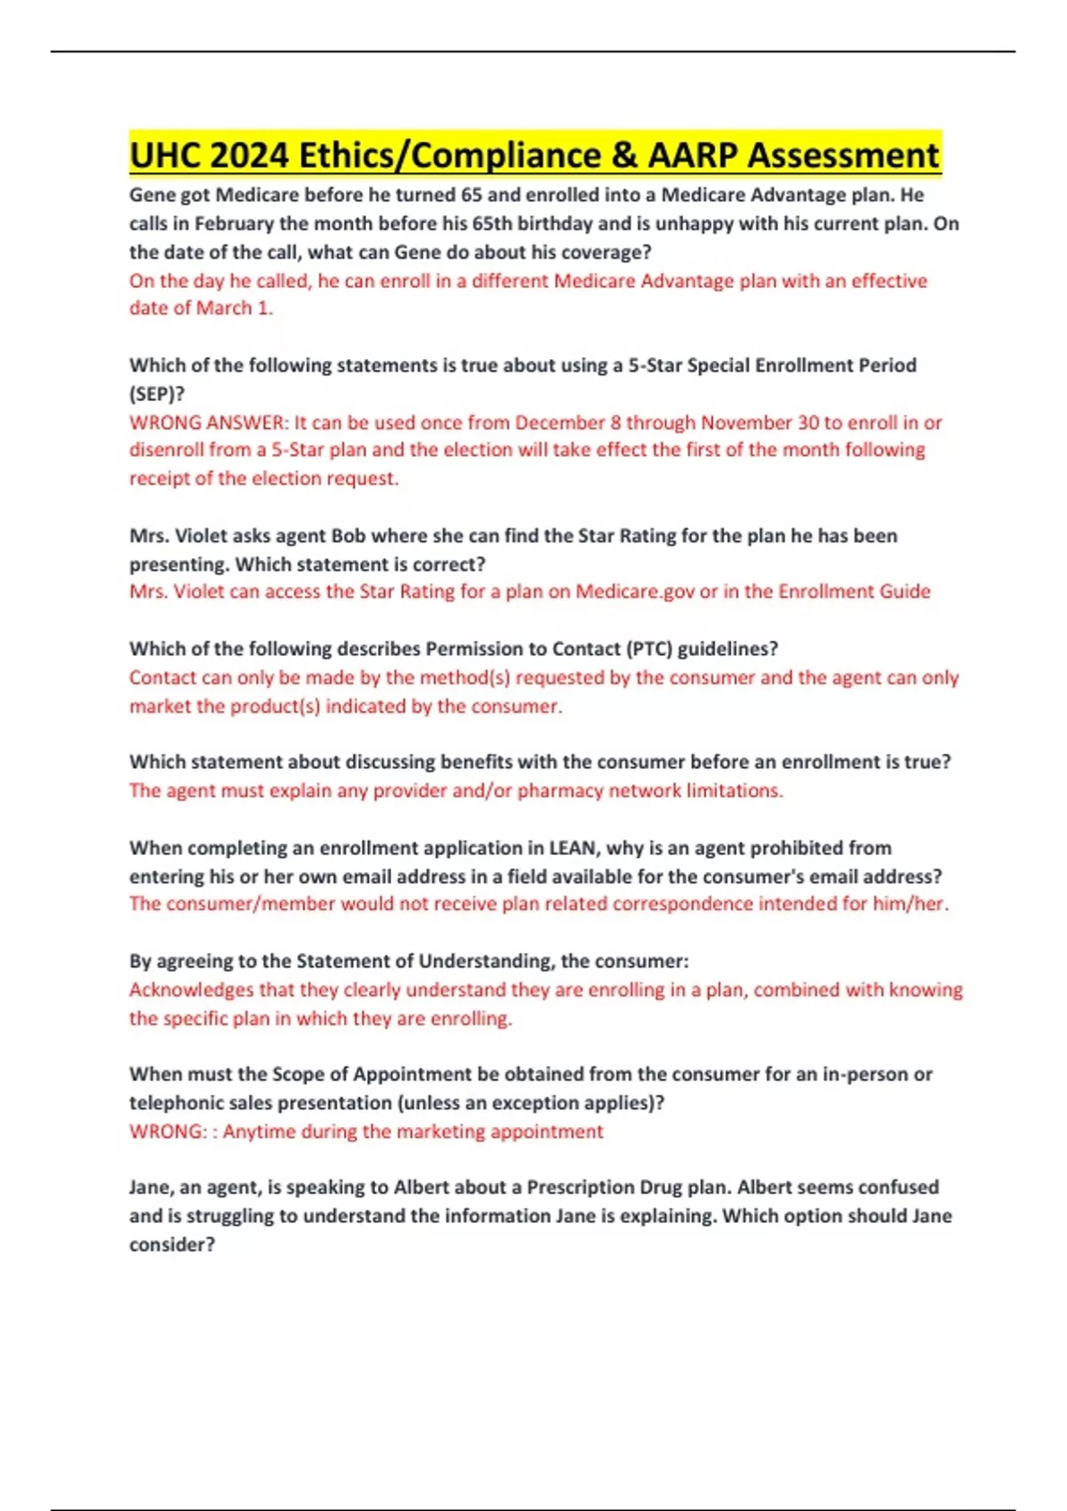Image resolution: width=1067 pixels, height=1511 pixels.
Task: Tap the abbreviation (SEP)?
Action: (157, 394)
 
